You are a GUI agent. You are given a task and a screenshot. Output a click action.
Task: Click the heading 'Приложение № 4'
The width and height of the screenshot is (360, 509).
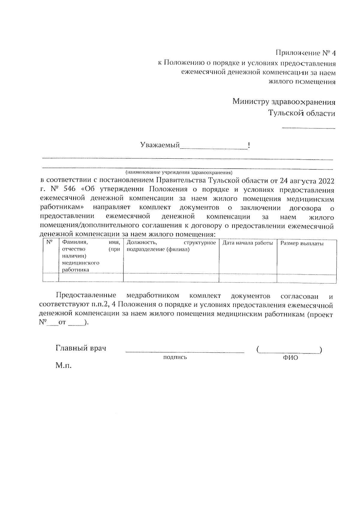[305, 53]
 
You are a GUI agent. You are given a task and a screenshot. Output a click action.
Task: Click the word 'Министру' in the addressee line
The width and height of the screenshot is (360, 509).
[251, 102]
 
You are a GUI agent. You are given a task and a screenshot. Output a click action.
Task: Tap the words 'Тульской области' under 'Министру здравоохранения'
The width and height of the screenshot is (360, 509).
[301, 113]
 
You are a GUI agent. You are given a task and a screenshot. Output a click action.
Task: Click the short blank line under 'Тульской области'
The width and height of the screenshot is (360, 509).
[308, 128]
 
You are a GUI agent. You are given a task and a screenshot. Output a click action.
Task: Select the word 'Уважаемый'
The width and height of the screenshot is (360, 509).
[160, 145]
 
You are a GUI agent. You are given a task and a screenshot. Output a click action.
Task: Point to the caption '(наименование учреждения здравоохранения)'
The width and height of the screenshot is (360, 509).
[179, 173]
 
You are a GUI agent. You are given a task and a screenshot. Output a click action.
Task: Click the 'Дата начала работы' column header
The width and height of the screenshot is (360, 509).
[247, 243]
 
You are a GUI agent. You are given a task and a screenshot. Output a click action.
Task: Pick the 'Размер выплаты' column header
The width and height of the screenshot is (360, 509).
[302, 244]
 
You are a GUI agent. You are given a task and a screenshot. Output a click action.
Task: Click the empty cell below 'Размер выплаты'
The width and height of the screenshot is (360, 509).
[306, 278]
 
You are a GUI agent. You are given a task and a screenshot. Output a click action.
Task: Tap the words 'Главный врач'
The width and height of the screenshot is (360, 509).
[81, 349]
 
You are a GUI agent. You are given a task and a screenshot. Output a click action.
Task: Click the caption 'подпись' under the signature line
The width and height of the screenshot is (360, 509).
[175, 357]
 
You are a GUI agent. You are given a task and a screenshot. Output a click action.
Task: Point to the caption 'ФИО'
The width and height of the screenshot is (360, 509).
[290, 358]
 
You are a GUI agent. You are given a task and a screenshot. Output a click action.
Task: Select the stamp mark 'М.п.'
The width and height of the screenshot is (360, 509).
[64, 366]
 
